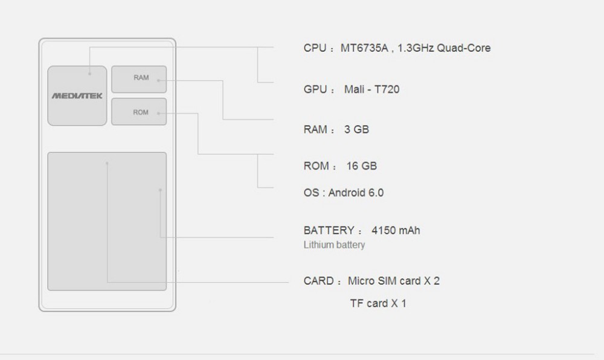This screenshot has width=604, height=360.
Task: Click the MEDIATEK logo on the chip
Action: tap(77, 95)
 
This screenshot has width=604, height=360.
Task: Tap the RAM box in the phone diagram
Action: tap(139, 79)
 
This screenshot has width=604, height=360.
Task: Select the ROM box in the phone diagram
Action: tap(139, 112)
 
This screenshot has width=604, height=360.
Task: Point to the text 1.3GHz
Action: tap(415, 48)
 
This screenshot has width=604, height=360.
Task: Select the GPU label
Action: tap(315, 89)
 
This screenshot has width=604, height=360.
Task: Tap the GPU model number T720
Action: tap(387, 89)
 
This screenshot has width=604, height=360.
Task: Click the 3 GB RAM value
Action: tap(356, 129)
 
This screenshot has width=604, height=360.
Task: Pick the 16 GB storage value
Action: tap(361, 166)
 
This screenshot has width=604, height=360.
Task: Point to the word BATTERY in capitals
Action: tap(329, 230)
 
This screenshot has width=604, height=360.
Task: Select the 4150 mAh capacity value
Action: tap(396, 230)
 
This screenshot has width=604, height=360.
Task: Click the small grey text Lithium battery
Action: tap(334, 245)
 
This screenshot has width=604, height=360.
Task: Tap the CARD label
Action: tap(319, 281)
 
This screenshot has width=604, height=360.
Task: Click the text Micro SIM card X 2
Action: tap(394, 281)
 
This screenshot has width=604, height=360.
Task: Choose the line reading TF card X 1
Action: tap(378, 303)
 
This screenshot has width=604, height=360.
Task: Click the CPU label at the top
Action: tap(315, 48)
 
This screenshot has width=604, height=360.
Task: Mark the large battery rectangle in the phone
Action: tap(107, 220)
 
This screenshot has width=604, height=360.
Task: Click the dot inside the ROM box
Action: tap(158, 112)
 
